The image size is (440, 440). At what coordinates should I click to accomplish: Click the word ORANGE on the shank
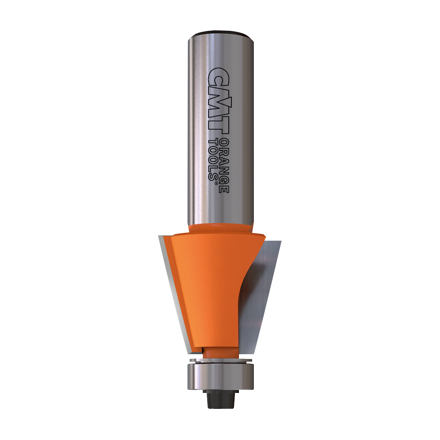(x=224, y=165)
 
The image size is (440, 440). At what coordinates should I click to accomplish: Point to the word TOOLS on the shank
(x=213, y=158)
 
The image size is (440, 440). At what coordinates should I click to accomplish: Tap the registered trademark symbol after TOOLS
(x=216, y=183)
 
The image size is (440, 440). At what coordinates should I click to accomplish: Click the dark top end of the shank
(x=221, y=34)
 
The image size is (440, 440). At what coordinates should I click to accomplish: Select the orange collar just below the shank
(x=220, y=228)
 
